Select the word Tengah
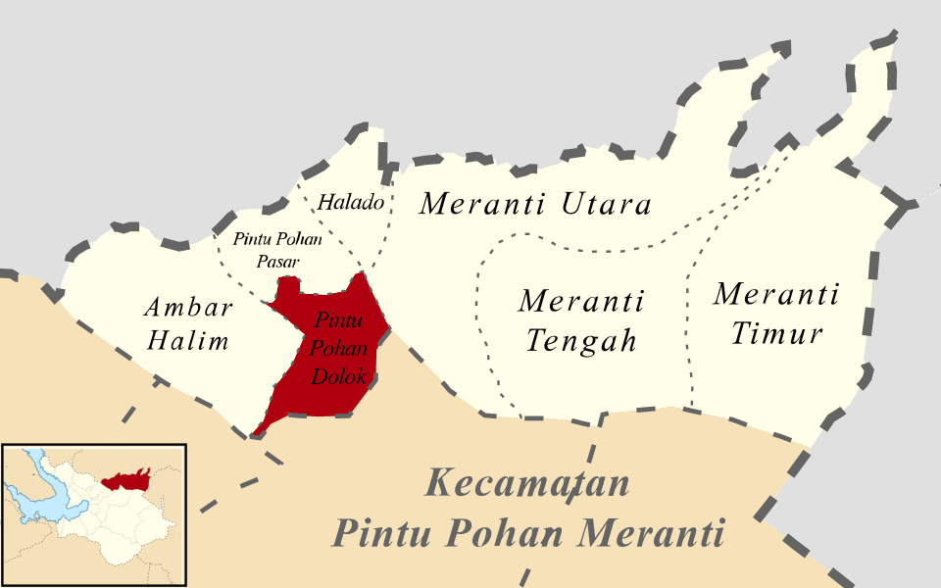click(x=581, y=340)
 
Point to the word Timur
click(x=776, y=333)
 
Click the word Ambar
click(x=188, y=308)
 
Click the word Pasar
click(x=277, y=262)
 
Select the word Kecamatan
click(x=527, y=484)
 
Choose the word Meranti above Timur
click(x=776, y=294)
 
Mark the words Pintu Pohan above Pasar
click(x=277, y=239)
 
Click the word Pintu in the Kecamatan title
click(x=383, y=534)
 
